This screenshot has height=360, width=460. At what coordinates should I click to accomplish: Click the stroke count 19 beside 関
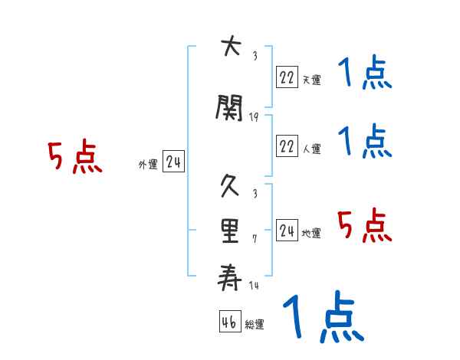coord(254,117)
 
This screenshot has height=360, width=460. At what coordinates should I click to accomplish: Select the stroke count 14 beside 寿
coord(254,286)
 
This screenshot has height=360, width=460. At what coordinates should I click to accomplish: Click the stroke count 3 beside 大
coord(255,55)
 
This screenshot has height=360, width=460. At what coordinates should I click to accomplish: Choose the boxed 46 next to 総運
coord(229,322)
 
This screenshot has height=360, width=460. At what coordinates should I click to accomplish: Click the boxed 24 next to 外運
coord(173,162)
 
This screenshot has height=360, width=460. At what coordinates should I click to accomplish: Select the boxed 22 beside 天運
coord(287,77)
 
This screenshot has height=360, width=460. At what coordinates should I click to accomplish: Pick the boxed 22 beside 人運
coord(287,146)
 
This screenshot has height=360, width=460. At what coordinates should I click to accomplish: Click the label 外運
coord(148,165)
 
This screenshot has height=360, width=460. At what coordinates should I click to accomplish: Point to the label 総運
coord(255,325)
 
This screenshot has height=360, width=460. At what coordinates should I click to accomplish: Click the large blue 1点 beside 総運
coord(322,316)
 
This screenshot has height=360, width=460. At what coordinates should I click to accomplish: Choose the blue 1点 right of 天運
coord(365,75)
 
